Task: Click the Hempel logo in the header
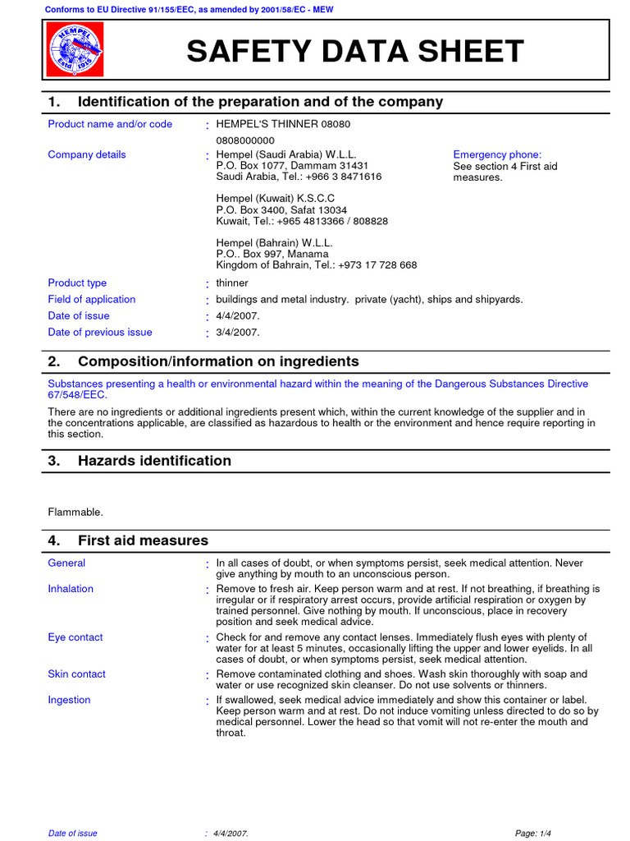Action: [x=76, y=52]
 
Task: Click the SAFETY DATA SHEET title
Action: [x=354, y=52]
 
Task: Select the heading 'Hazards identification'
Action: [x=154, y=461]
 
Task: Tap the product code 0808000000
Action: [x=246, y=140]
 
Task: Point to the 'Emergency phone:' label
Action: [x=497, y=154]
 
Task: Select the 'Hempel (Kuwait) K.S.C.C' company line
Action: [x=275, y=199]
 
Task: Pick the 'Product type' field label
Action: [x=77, y=283]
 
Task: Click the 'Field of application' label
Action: [x=92, y=300]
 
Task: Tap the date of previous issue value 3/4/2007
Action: [x=238, y=333]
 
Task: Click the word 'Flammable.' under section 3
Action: [x=75, y=512]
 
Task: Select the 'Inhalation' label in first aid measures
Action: [x=71, y=589]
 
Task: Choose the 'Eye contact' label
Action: [x=75, y=637]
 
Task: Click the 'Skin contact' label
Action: [x=76, y=674]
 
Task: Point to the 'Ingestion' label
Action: [x=69, y=700]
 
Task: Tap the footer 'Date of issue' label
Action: [x=72, y=833]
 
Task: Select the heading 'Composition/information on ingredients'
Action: [x=218, y=361]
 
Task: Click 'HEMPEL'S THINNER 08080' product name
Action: [x=282, y=124]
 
